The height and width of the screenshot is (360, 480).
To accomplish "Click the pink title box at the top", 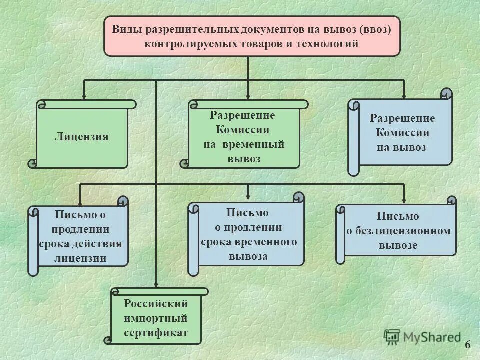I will click(252, 36).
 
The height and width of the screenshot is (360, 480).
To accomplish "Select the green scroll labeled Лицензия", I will click(82, 137).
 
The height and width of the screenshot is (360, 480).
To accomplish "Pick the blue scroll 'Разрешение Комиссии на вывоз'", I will click(403, 133).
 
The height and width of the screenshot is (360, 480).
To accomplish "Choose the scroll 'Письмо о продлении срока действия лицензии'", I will click(80, 237).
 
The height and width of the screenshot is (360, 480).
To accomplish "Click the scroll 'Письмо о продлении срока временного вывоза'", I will click(248, 235).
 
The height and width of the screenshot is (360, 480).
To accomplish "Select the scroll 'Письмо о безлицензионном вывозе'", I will click(398, 231).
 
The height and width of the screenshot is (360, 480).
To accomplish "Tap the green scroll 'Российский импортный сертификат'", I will click(156, 318).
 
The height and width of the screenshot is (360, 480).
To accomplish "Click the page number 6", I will click(468, 344).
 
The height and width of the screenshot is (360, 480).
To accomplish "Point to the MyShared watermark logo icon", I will click(392, 337).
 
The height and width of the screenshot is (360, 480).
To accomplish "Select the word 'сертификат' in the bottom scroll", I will click(156, 332).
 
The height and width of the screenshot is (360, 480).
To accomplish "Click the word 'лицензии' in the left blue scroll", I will click(80, 258).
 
